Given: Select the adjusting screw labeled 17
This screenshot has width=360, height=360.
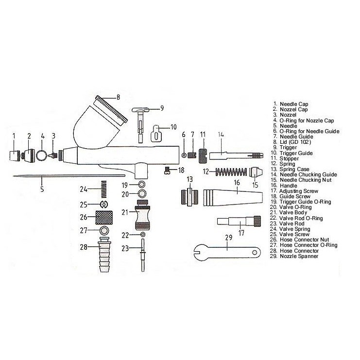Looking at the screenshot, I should coord(239,223).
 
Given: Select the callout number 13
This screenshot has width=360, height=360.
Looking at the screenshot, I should coord(189,179).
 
